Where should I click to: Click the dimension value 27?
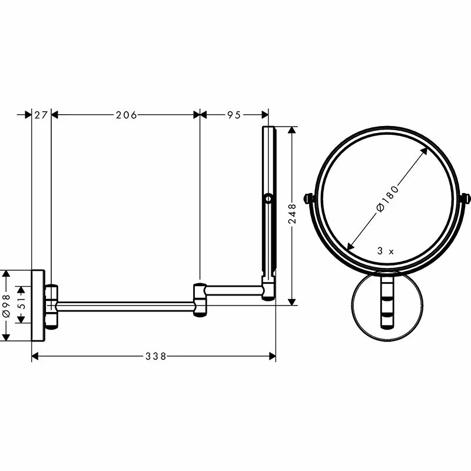tap(41, 115)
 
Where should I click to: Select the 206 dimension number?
tap(126, 115)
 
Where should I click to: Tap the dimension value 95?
tap(234, 115)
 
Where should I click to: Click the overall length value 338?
tap(155, 356)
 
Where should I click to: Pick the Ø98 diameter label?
tap(7, 305)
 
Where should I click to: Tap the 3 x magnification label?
tap(385, 251)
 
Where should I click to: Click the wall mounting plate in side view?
tap(38, 305)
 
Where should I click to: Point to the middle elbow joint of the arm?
tap(200, 299)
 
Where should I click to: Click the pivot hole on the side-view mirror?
tap(268, 199)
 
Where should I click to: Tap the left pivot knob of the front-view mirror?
tap(308, 199)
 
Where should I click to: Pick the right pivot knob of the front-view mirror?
tap(466, 199)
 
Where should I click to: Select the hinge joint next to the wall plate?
tap(52, 306)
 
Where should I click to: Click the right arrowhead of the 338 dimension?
tap(273, 356)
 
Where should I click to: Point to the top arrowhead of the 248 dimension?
tap(291, 130)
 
